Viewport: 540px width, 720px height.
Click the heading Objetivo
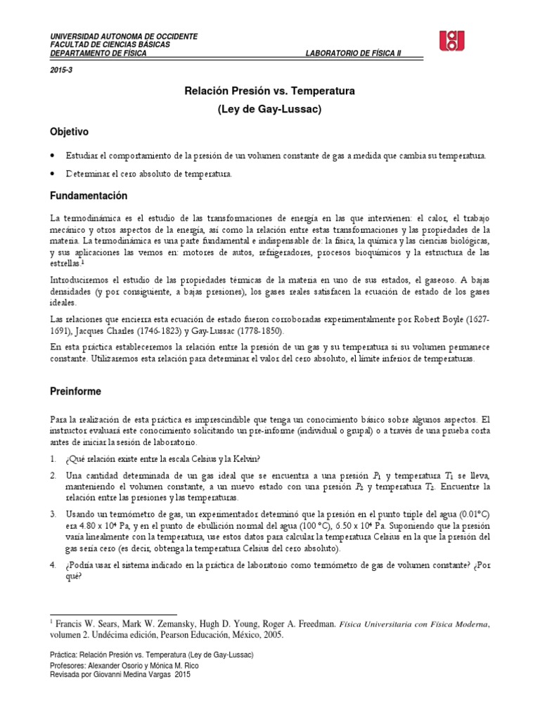pos(69,131)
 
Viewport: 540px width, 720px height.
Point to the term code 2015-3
pos(60,71)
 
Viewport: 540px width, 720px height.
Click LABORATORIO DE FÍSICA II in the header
pos(354,54)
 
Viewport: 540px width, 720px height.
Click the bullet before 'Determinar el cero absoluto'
pos(53,174)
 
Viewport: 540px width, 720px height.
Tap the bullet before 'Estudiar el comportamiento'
pos(53,155)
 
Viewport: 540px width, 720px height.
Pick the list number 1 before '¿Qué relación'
pos(53,459)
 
